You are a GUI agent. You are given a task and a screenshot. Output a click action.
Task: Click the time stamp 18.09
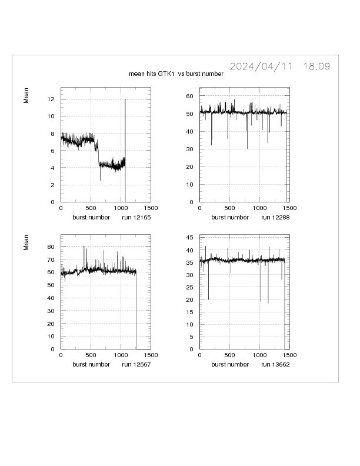pyautogui.click(x=316, y=66)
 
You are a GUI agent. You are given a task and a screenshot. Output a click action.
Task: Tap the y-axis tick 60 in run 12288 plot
pyautogui.click(x=191, y=95)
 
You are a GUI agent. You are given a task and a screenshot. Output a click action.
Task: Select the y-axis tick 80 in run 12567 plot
pyautogui.click(x=51, y=247)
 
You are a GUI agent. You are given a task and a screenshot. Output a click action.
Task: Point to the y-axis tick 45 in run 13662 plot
pyautogui.click(x=191, y=238)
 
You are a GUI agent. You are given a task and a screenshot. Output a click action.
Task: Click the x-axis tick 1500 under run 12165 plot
pyautogui.click(x=151, y=208)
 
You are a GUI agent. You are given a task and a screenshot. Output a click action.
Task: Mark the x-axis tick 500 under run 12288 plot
pyautogui.click(x=230, y=208)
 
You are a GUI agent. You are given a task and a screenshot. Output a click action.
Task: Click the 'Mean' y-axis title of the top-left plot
pyautogui.click(x=26, y=96)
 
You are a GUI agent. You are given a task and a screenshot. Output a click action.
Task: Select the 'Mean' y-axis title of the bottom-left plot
pyautogui.click(x=26, y=243)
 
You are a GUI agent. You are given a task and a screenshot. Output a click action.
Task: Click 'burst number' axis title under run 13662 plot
pyautogui.click(x=230, y=364)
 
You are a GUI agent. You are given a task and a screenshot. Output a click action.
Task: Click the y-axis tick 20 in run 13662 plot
pyautogui.click(x=191, y=300)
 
